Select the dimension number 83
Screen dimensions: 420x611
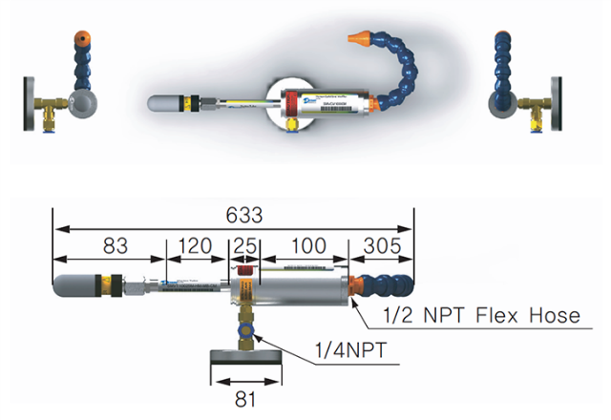(x=114, y=245)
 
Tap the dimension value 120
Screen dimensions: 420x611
(x=195, y=245)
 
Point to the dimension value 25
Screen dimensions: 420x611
(x=243, y=245)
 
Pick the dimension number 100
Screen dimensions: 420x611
(x=307, y=245)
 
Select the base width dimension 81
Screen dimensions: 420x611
(x=245, y=400)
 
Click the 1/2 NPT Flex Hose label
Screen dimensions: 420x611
(x=481, y=316)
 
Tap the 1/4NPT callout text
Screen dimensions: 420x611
(x=354, y=352)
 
